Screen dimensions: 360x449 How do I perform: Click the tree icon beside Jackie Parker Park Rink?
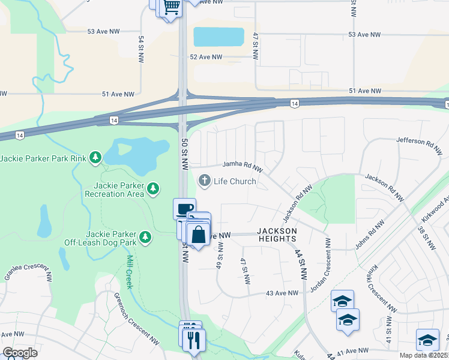click(x=95, y=158)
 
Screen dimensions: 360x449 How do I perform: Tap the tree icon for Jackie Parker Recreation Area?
click(x=154, y=189)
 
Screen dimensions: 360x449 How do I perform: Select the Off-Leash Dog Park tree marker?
click(x=145, y=238)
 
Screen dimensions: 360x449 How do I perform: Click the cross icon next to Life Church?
click(x=205, y=181)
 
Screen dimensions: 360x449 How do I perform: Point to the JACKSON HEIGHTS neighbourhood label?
click(x=277, y=235)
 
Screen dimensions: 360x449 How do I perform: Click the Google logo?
click(x=20, y=353)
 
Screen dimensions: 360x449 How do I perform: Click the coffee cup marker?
click(x=184, y=209)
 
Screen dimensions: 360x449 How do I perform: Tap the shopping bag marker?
click(x=199, y=233)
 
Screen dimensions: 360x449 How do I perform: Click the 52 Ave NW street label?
click(x=206, y=58)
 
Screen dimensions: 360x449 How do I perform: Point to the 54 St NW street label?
click(x=142, y=50)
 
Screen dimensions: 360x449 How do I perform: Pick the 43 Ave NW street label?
click(x=282, y=293)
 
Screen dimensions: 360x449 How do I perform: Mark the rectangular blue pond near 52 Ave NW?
click(x=218, y=37)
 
